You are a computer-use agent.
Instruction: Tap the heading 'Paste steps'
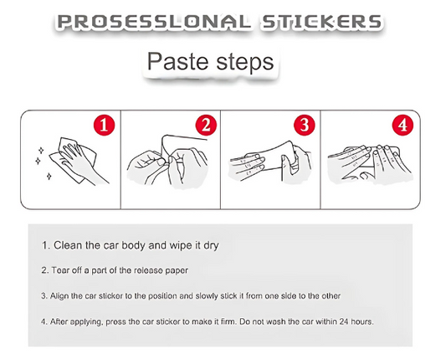click(x=210, y=62)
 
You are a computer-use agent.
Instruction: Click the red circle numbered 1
click(x=105, y=126)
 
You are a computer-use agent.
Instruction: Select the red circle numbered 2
click(x=206, y=126)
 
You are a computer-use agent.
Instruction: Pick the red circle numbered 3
click(x=305, y=126)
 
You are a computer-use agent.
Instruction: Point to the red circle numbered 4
click(x=404, y=126)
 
